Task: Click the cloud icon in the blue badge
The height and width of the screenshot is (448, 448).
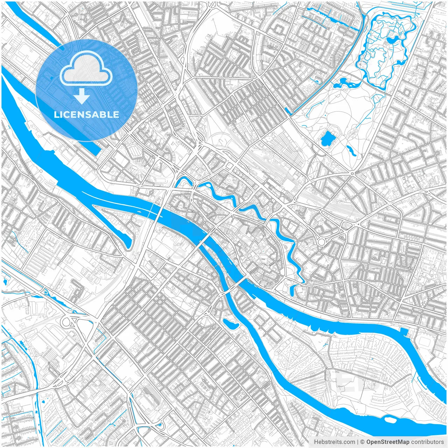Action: (x=86, y=68)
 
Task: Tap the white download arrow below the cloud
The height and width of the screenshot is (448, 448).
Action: (x=82, y=96)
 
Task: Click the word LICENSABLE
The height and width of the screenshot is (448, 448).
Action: (x=86, y=115)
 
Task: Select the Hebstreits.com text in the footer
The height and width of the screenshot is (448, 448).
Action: (x=334, y=442)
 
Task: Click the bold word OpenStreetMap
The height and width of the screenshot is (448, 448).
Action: (x=388, y=442)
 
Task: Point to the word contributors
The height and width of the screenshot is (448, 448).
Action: (x=427, y=442)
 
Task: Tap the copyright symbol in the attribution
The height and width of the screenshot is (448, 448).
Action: (x=363, y=442)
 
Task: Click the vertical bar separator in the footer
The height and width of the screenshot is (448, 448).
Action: (x=357, y=442)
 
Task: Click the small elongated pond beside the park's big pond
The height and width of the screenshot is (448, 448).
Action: (x=350, y=150)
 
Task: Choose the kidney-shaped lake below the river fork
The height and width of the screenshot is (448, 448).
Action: (x=229, y=323)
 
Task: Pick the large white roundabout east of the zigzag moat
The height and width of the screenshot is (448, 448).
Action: (x=321, y=242)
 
